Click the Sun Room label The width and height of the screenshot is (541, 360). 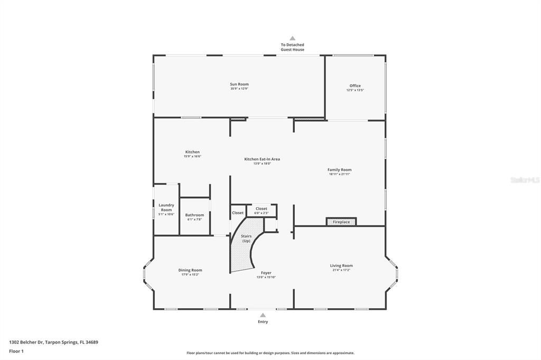[x=239, y=84]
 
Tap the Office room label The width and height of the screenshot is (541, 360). [x=355, y=86]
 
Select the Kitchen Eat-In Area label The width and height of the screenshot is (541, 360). [x=262, y=159]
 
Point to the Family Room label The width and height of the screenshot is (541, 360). [x=339, y=169]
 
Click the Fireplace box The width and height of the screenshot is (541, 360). [x=341, y=222]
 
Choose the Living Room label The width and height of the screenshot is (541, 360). [x=341, y=266]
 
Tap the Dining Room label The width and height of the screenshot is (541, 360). [x=190, y=270]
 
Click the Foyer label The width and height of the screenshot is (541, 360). [x=266, y=273]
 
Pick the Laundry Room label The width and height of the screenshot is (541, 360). [x=166, y=207]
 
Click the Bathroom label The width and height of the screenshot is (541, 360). [x=194, y=215]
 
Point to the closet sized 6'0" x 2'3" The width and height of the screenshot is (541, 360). [x=261, y=210]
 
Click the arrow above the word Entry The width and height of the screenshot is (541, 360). [x=263, y=315]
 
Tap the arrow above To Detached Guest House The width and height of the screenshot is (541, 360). [x=292, y=38]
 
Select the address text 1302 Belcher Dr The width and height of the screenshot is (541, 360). [x=53, y=342]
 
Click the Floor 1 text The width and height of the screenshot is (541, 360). [x=16, y=351]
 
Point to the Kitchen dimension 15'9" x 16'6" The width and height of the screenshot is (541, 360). [x=192, y=156]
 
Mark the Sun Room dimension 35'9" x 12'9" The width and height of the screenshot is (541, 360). [x=239, y=89]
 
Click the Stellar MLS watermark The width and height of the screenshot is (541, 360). [x=524, y=180]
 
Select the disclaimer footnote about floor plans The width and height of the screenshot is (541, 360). [x=270, y=353]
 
